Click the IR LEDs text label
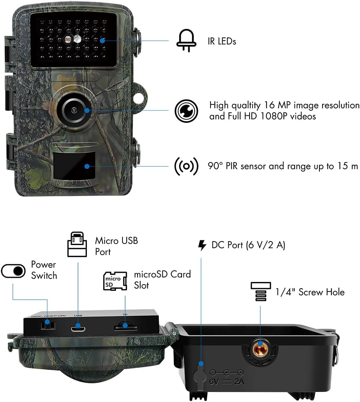(222, 41)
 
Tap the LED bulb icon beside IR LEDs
(186, 41)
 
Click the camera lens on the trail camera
(74, 110)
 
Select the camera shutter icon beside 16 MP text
(186, 111)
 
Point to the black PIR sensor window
(74, 165)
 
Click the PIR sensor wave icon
(186, 166)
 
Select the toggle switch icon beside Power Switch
(14, 271)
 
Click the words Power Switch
(44, 270)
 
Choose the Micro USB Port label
(116, 246)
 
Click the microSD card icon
(115, 281)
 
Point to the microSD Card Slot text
(162, 280)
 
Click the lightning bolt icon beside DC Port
(202, 245)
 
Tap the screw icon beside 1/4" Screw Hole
(261, 292)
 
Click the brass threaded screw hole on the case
(260, 349)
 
